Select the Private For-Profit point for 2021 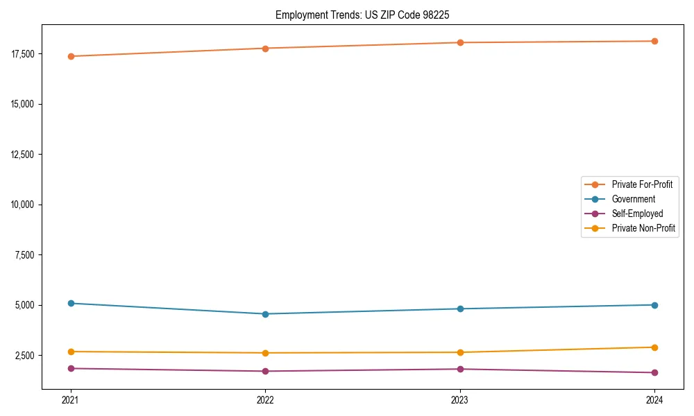pyautogui.click(x=71, y=56)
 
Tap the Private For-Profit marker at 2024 pyautogui.click(x=654, y=41)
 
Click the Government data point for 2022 pyautogui.click(x=265, y=314)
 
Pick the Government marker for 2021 pyautogui.click(x=71, y=303)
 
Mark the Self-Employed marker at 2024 pyautogui.click(x=654, y=373)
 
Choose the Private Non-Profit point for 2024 pyautogui.click(x=654, y=347)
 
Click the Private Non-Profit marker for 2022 pyautogui.click(x=265, y=353)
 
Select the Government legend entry pyautogui.click(x=633, y=199)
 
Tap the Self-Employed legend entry pyautogui.click(x=637, y=214)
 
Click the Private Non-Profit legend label pyautogui.click(x=643, y=228)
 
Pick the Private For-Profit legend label pyautogui.click(x=642, y=184)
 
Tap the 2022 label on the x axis pyautogui.click(x=265, y=399)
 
